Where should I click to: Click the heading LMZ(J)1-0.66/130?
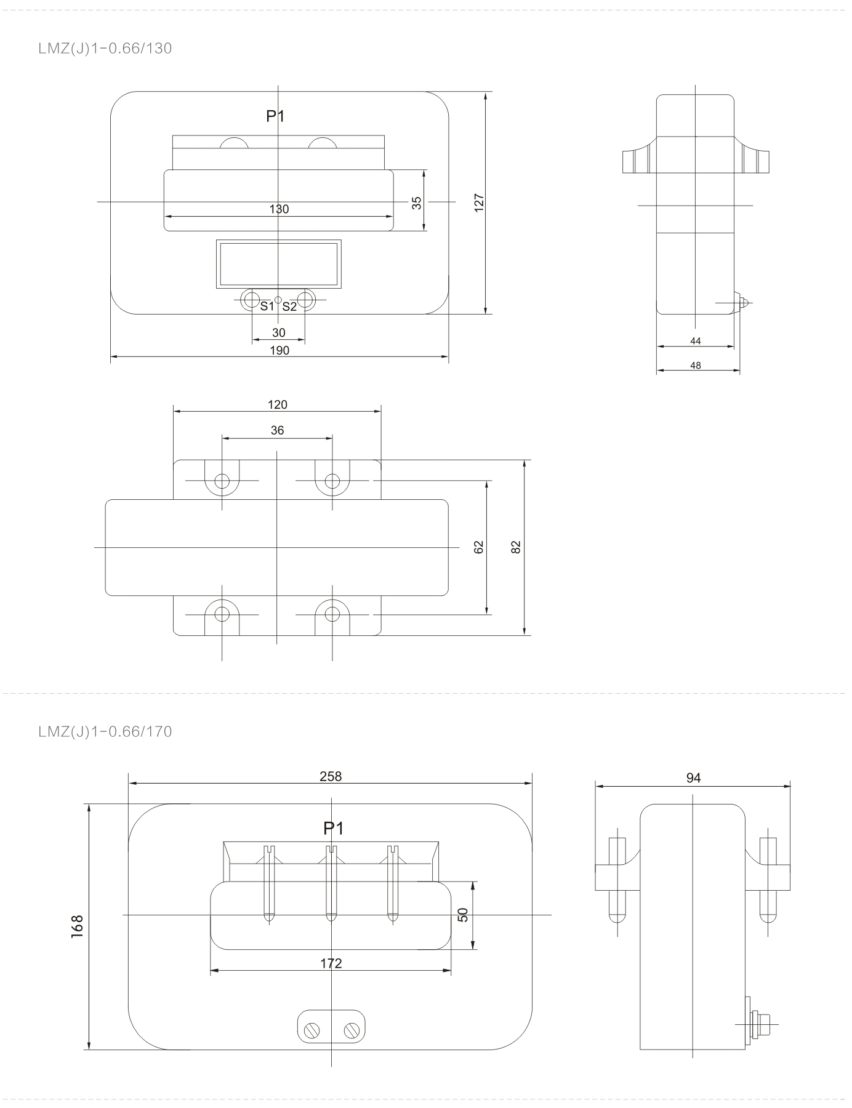pyautogui.click(x=105, y=49)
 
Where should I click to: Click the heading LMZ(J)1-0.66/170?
pyautogui.click(x=105, y=732)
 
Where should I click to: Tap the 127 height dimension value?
pyautogui.click(x=480, y=203)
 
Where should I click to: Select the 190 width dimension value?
pyautogui.click(x=279, y=350)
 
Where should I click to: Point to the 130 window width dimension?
pyautogui.click(x=279, y=209)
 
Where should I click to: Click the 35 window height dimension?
pyautogui.click(x=417, y=203)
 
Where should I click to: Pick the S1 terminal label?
pyautogui.click(x=267, y=306)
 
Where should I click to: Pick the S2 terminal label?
pyautogui.click(x=289, y=306)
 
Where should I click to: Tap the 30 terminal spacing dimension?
pyautogui.click(x=279, y=333)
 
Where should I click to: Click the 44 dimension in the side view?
pyautogui.click(x=696, y=341)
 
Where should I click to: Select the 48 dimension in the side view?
pyautogui.click(x=696, y=365)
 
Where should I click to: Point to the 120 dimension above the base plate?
pyautogui.click(x=278, y=404)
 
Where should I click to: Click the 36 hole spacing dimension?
pyautogui.click(x=278, y=430)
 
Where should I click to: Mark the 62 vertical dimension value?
pyautogui.click(x=480, y=547)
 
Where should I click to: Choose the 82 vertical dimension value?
pyautogui.click(x=516, y=547)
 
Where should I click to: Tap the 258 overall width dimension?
pyautogui.click(x=331, y=776)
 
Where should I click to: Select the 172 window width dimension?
pyautogui.click(x=331, y=963)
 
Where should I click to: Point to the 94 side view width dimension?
pyautogui.click(x=694, y=778)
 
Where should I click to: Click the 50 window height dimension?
pyautogui.click(x=464, y=915)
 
